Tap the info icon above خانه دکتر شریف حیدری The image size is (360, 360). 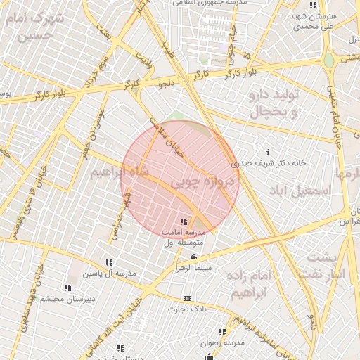[x=269, y=152]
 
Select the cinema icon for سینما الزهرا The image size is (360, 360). [x=193, y=257]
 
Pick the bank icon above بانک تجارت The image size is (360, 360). [x=187, y=298]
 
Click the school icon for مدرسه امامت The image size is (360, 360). [x=184, y=222]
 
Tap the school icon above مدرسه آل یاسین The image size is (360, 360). [x=108, y=262]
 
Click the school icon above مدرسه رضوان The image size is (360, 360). [x=222, y=332]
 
